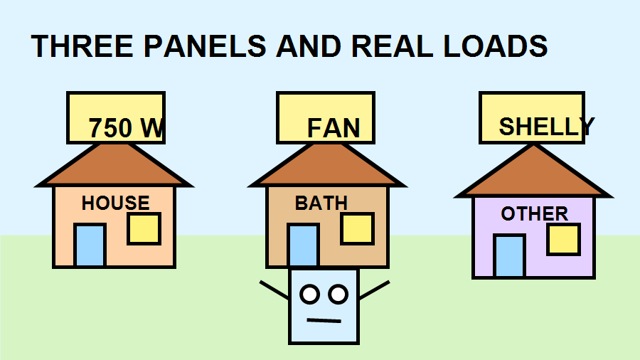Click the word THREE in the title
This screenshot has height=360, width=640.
coord(82,46)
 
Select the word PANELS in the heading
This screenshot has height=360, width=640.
coord(205,46)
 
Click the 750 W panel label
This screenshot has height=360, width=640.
coord(126,128)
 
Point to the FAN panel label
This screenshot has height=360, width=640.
coord(334,128)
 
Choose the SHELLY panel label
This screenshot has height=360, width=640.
coord(547,126)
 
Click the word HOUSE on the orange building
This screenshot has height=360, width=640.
coord(115,203)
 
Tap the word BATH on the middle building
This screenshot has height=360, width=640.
coord(321,203)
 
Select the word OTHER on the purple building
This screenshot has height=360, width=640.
coord(534,213)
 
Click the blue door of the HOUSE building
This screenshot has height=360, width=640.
coord(90,245)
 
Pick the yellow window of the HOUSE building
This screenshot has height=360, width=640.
coord(144,228)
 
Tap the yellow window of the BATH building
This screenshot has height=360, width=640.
coord(357,228)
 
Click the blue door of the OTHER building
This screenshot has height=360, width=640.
coord(509,256)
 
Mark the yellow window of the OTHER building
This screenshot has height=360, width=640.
coord(563,239)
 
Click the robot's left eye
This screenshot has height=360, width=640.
coord(310,295)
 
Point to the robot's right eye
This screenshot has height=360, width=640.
coord(338,295)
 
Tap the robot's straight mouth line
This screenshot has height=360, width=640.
coord(324,321)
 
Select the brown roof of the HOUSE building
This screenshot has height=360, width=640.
coord(114,167)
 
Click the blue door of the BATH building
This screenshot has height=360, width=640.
coord(303,245)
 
